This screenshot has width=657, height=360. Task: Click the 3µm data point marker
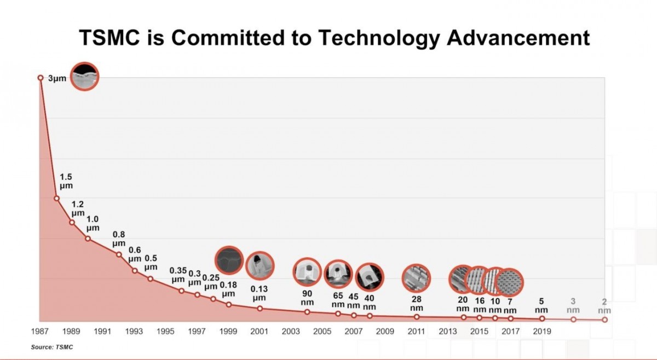(41, 78)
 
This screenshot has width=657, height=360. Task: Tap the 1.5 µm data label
(66, 181)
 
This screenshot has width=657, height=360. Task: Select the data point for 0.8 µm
(119, 254)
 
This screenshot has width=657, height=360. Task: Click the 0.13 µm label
(259, 293)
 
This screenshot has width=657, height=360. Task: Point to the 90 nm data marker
(307, 312)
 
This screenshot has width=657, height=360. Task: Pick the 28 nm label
(417, 304)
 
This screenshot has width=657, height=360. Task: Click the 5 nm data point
(542, 318)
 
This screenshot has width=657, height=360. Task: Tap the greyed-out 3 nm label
(573, 305)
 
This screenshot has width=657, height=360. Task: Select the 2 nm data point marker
(604, 320)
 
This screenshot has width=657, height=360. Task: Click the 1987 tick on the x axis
(40, 331)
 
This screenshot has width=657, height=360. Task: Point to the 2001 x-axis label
(260, 331)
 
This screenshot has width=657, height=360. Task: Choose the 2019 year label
(542, 331)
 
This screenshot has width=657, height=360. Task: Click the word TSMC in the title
(109, 38)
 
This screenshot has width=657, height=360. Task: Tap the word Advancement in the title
(518, 38)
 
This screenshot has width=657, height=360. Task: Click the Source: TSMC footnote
(52, 347)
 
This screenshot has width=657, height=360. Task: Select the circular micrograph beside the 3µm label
(85, 76)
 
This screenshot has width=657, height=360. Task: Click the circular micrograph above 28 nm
(416, 278)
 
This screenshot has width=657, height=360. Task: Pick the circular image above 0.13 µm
(260, 265)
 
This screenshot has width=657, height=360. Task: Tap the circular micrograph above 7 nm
(509, 282)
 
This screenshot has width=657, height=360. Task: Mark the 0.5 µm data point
(150, 279)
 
